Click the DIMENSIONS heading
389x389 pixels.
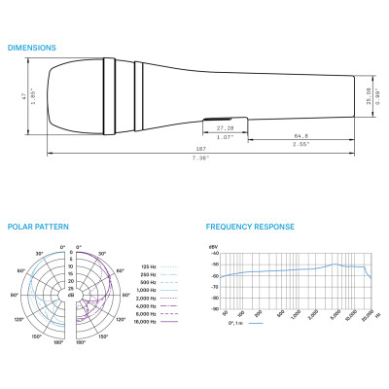tap(31, 47)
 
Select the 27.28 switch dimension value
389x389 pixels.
tap(224, 127)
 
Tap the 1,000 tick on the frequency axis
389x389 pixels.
tap(297, 316)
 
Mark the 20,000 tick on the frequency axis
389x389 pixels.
tap(365, 316)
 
